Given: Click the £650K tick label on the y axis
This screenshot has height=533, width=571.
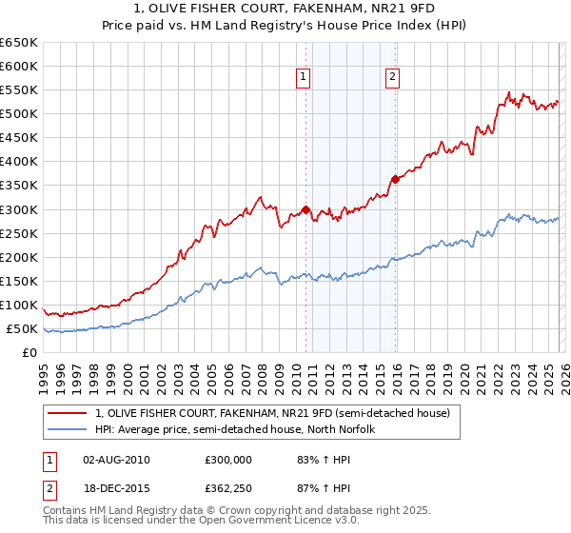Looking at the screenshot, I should tap(19, 43).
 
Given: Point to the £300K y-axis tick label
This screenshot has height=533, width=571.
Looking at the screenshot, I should tap(19, 209).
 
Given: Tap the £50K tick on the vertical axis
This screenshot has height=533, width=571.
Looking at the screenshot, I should tap(23, 329).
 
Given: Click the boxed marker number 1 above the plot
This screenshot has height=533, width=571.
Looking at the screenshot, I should tap(304, 78).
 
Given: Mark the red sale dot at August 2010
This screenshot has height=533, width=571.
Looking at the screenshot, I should tap(305, 209).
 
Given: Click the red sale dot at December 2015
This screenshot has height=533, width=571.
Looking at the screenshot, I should tap(395, 179).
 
